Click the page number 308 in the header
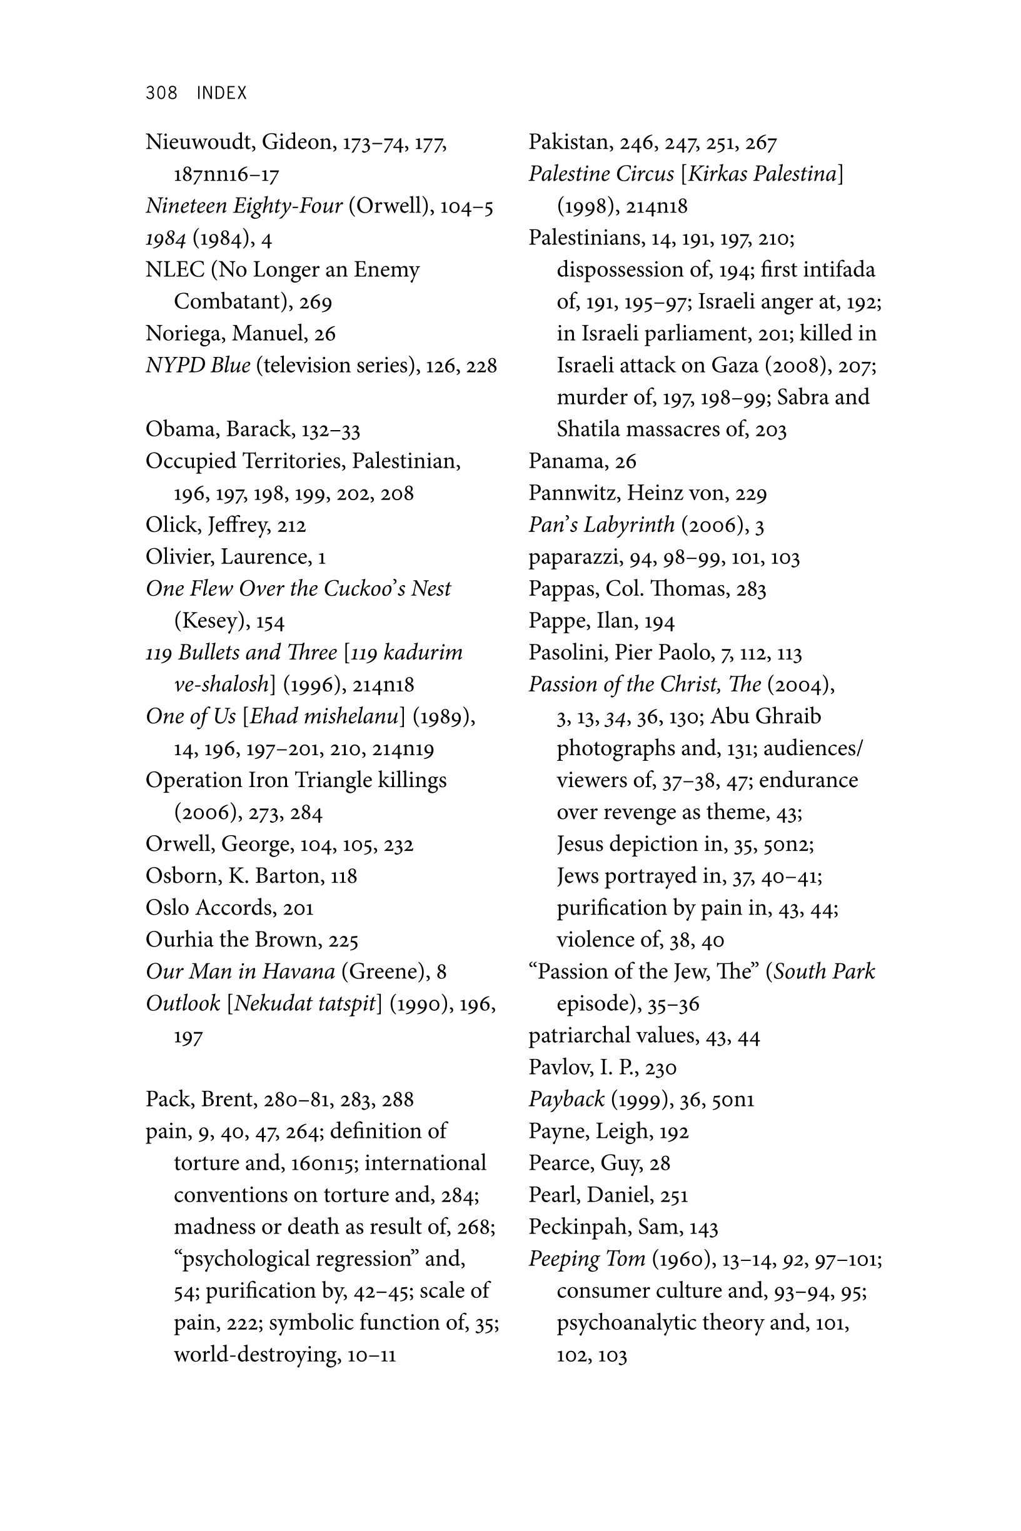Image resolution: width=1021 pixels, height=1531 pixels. point(161,93)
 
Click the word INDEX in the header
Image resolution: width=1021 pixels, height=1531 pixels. point(221,93)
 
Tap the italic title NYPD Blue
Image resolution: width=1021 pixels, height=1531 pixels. point(198,365)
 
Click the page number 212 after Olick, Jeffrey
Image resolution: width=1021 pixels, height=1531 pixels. point(291,525)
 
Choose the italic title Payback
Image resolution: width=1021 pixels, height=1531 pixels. point(566,1099)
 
